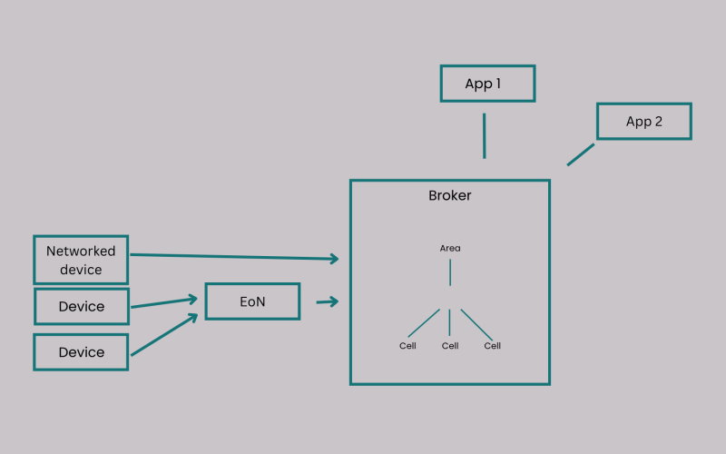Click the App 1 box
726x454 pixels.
[x=487, y=84]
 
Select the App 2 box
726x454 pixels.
[x=644, y=121]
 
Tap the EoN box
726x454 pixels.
[x=253, y=301]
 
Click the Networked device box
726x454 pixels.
[x=81, y=260]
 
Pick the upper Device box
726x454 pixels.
[x=82, y=306]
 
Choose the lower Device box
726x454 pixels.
[x=81, y=352]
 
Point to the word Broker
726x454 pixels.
[x=449, y=195]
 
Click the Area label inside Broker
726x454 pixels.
[x=450, y=248]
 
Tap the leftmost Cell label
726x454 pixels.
[x=407, y=346]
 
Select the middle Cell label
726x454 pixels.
[x=450, y=346]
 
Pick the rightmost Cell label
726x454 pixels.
[x=492, y=346]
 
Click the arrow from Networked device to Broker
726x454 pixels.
[x=234, y=257]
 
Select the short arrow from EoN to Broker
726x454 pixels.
[x=328, y=301]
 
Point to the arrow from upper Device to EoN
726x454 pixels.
[x=164, y=302]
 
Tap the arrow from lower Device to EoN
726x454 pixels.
[x=164, y=334]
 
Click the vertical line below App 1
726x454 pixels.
[x=485, y=135]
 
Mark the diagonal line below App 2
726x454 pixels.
[x=581, y=154]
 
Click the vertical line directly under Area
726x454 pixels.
[x=450, y=272]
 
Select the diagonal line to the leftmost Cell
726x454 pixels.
[x=424, y=323]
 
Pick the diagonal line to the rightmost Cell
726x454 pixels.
[x=476, y=325]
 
